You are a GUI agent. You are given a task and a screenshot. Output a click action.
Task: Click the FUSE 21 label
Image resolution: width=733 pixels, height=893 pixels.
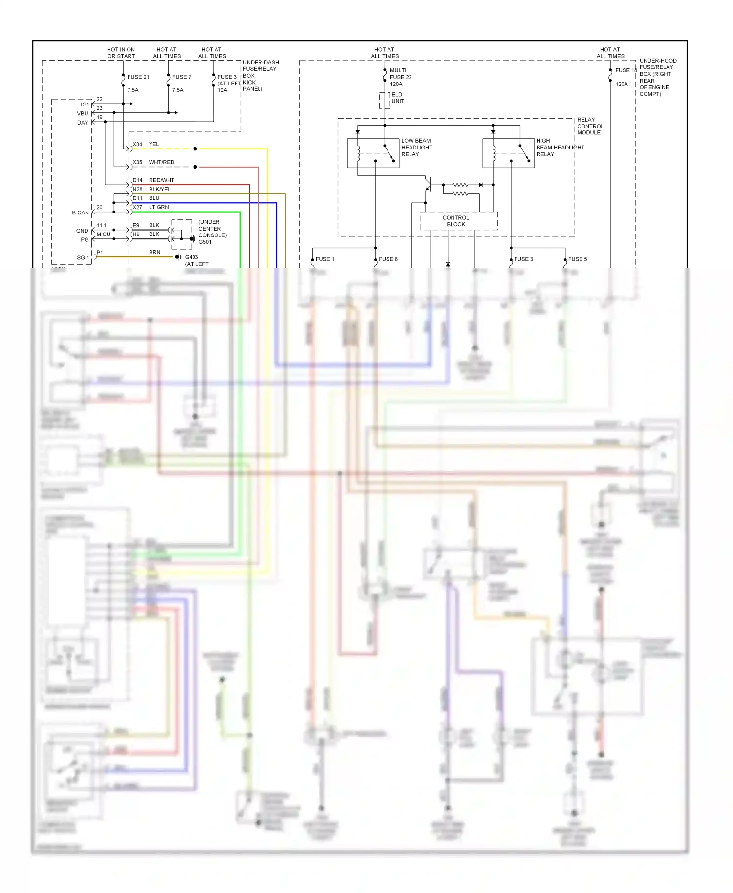(138, 77)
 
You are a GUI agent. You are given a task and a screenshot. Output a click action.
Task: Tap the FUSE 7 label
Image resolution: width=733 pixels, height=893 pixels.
(181, 77)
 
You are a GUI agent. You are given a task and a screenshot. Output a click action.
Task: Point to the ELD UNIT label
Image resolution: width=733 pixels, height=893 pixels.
(397, 98)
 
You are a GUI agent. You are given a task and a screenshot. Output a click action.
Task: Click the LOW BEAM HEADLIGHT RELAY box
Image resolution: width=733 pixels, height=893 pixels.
(373, 153)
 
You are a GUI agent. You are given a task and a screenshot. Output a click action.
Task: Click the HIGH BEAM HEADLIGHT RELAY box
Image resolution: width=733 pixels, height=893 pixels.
(508, 153)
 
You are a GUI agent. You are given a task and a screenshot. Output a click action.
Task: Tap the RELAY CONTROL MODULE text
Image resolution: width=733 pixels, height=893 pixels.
(590, 126)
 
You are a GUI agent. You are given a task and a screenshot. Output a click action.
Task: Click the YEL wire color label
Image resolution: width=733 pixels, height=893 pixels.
(154, 144)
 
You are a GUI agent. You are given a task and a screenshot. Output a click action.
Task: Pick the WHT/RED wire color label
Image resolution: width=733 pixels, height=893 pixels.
(161, 162)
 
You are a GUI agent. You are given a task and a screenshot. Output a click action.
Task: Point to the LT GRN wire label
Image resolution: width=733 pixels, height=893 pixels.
(158, 207)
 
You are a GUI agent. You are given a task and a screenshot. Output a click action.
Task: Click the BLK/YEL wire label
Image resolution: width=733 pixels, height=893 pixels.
(160, 190)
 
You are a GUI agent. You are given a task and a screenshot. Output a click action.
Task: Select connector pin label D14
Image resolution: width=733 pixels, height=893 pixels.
(137, 180)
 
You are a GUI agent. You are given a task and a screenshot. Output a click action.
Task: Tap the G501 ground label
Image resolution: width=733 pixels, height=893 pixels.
(205, 242)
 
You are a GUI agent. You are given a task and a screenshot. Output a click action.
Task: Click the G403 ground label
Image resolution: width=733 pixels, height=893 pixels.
(191, 257)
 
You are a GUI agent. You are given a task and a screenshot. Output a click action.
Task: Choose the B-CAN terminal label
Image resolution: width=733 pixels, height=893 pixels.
(80, 213)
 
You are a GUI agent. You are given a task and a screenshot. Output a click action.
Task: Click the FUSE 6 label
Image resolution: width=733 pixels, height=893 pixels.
(388, 259)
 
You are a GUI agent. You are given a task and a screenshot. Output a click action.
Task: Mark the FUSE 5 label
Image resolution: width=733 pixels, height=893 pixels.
(577, 259)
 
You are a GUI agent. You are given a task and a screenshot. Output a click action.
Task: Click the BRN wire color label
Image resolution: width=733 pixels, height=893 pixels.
(154, 253)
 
